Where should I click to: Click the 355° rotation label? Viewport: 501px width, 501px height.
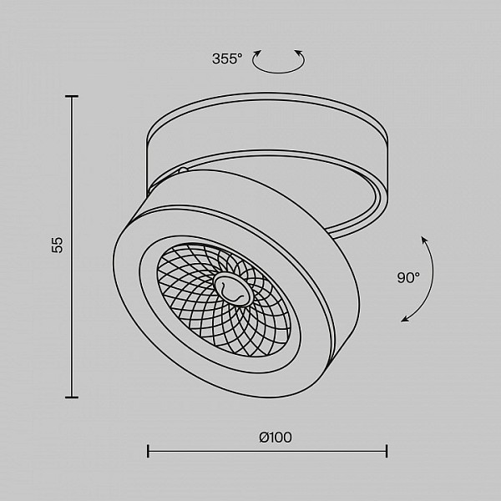[x=227, y=58]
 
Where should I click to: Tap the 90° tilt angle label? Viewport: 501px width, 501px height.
[x=408, y=277]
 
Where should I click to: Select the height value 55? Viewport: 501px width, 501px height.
[x=58, y=245]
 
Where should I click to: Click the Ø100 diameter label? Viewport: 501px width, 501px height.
[x=275, y=438]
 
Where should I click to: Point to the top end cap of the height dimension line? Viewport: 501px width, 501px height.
[x=72, y=96]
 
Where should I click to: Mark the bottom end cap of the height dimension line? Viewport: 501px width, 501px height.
[x=72, y=397]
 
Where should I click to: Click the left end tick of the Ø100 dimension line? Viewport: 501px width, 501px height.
[x=148, y=451]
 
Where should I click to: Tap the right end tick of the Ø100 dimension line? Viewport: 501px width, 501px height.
[x=387, y=451]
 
